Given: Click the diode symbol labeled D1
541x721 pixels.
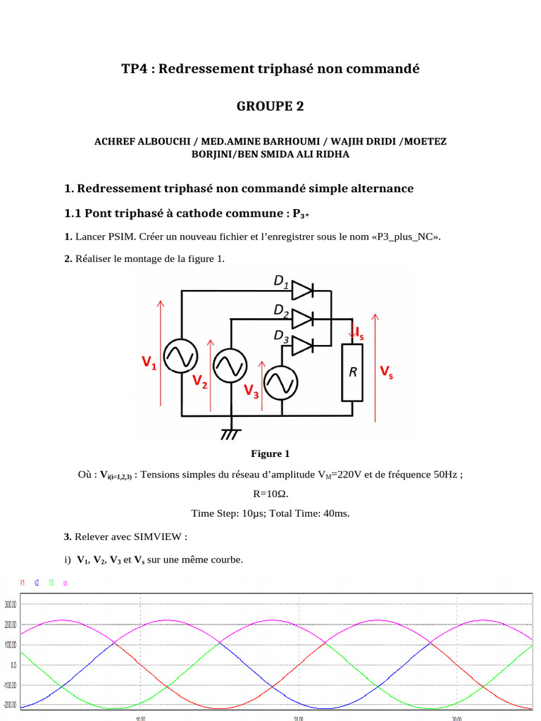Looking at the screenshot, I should (303, 289).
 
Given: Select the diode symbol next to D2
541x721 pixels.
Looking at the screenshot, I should (303, 318).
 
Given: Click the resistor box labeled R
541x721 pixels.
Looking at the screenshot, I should (352, 372).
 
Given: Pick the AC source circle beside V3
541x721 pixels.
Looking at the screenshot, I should (282, 383).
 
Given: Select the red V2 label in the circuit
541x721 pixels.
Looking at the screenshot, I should (200, 382).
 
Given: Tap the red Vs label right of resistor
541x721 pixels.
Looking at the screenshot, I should (387, 371).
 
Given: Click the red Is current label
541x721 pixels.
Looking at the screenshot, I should (359, 332).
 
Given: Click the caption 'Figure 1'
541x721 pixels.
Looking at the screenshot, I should (270, 453).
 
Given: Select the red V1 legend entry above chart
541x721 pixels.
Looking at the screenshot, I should (23, 583).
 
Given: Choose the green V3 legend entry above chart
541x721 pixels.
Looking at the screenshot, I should (51, 583).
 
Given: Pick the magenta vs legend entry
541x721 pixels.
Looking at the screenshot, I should (65, 583).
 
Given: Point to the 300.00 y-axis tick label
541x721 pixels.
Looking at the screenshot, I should (11, 604).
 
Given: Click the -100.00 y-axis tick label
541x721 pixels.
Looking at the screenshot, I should (10, 685).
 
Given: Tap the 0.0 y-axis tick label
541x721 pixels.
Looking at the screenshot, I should (13, 665).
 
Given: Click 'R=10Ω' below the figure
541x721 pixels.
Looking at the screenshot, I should (270, 494).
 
